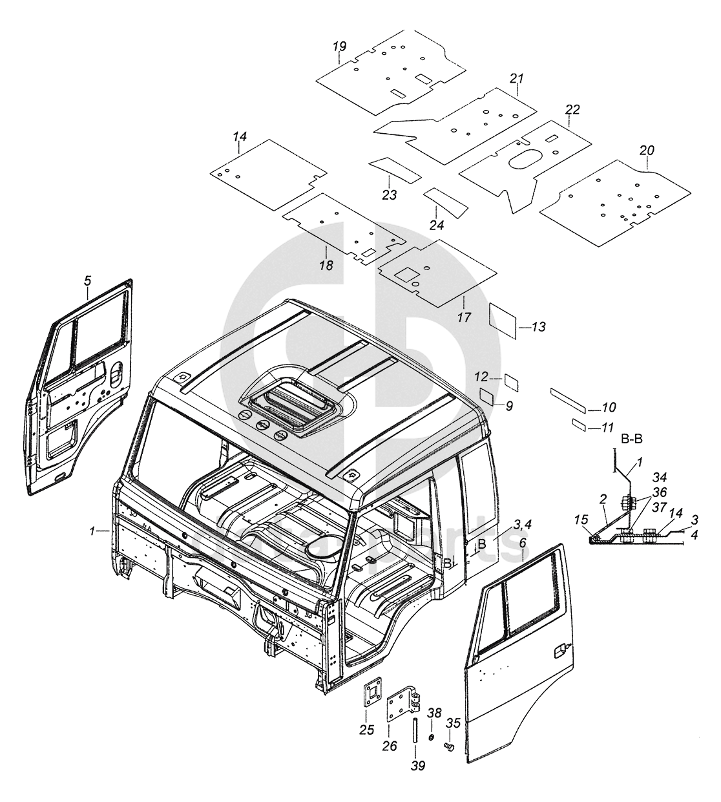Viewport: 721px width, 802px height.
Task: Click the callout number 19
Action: click(x=340, y=46)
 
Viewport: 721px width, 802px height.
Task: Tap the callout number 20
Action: click(x=647, y=151)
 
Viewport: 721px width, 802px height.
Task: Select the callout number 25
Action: click(x=366, y=730)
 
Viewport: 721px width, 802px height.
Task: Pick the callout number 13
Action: click(x=538, y=328)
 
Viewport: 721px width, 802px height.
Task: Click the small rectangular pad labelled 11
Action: click(x=579, y=424)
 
